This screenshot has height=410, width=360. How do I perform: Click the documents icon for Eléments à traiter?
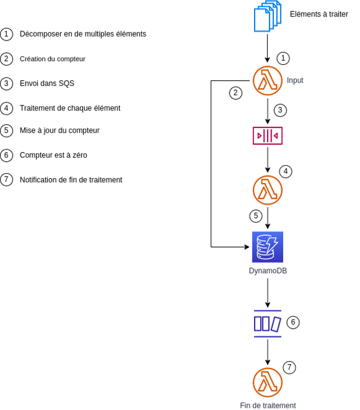[267, 17]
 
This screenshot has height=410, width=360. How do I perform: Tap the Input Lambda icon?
[268, 81]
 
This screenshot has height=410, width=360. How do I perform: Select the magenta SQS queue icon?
[268, 136]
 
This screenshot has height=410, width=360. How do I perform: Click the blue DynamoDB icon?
[268, 247]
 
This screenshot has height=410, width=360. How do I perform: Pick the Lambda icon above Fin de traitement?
[268, 382]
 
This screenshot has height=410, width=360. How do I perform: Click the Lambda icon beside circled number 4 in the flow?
[268, 190]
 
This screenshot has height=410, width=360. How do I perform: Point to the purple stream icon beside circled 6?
[268, 323]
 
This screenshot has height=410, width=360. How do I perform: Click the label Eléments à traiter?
[318, 14]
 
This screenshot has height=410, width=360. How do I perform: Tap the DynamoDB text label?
[268, 271]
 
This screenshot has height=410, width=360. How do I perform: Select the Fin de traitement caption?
[268, 405]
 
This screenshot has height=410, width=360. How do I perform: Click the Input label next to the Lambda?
[295, 80]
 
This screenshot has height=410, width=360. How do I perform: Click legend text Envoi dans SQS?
[47, 83]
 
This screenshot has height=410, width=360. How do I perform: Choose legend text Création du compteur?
[52, 59]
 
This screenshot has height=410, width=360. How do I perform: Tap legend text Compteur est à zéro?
[53, 155]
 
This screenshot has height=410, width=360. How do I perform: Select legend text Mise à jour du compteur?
[59, 130]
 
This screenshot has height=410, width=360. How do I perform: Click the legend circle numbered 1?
[7, 34]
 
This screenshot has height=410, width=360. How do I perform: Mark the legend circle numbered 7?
[7, 179]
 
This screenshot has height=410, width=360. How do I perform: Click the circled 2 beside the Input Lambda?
[236, 92]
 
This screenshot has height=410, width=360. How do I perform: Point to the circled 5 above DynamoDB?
[256, 216]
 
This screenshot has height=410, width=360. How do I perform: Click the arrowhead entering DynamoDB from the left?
[248, 247]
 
